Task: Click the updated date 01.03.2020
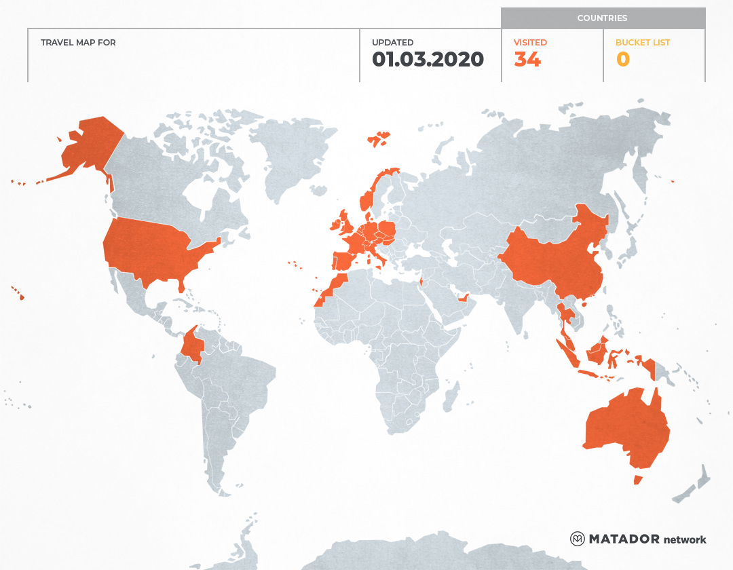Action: tap(428, 60)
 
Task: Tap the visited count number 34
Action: tap(527, 60)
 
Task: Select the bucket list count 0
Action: tap(623, 60)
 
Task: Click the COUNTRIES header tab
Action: tap(602, 18)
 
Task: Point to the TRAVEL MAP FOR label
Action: tap(78, 43)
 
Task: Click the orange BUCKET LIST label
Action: tap(642, 43)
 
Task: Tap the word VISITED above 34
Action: tap(530, 43)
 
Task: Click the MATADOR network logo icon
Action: tap(578, 539)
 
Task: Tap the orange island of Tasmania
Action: tap(637, 480)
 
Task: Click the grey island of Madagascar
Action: tap(449, 397)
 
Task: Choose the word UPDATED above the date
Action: tap(392, 43)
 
